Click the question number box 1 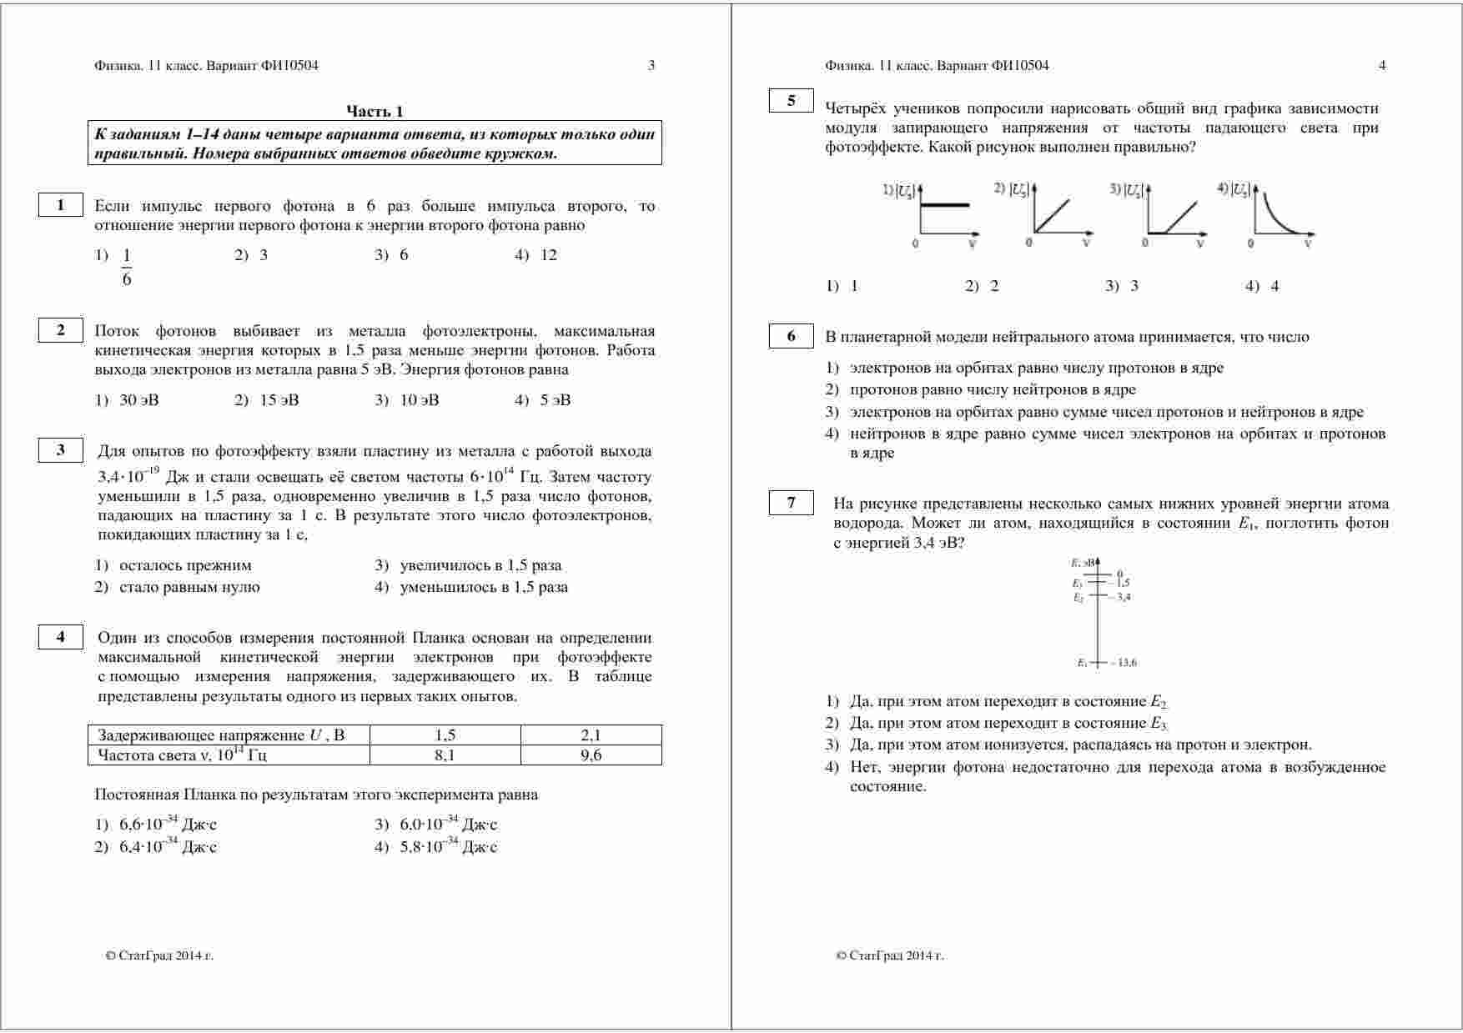[60, 205]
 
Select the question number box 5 [791, 101]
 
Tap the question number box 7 [791, 503]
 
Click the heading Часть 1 [375, 111]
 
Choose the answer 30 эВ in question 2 [138, 400]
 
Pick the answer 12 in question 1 [548, 255]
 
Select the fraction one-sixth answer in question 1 [127, 267]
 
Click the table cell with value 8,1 [445, 755]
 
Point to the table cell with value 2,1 [591, 735]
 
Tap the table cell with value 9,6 [591, 755]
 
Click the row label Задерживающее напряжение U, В [221, 735]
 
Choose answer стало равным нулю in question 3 [189, 587]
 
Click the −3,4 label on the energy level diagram [1121, 597]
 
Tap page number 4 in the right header [1382, 66]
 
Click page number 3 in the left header [651, 66]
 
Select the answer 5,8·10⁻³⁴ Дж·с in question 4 [448, 847]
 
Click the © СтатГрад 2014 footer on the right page [889, 955]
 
